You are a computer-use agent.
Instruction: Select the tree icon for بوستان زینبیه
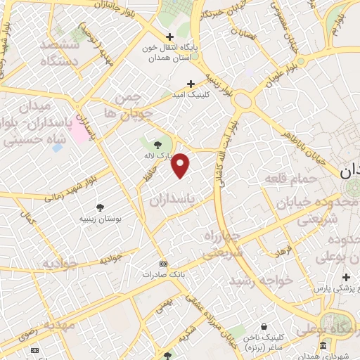pyautogui.click(x=101, y=207)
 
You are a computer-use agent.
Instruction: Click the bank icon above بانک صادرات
pyautogui.click(x=163, y=264)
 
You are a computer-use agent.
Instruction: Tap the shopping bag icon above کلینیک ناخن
pyautogui.click(x=263, y=327)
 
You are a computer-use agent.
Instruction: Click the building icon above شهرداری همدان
pyautogui.click(x=323, y=346)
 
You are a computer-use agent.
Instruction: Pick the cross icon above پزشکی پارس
pyautogui.click(x=346, y=276)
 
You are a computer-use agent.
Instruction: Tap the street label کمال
pyautogui.click(x=29, y=219)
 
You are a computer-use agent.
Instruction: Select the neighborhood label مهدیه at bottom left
pyautogui.click(x=59, y=326)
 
